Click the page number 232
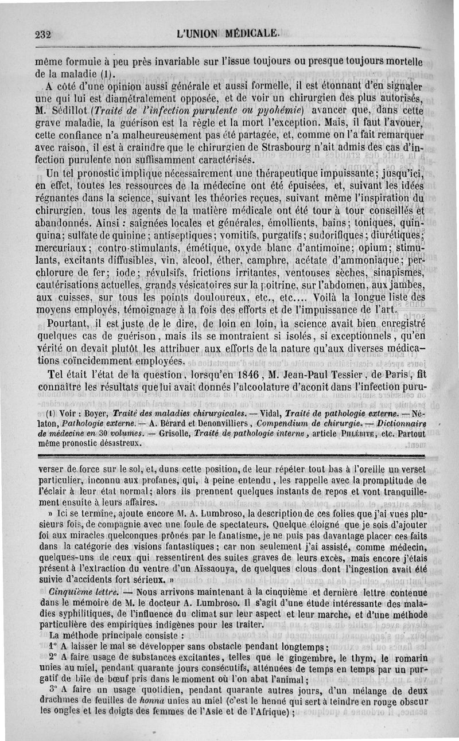point(42,34)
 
